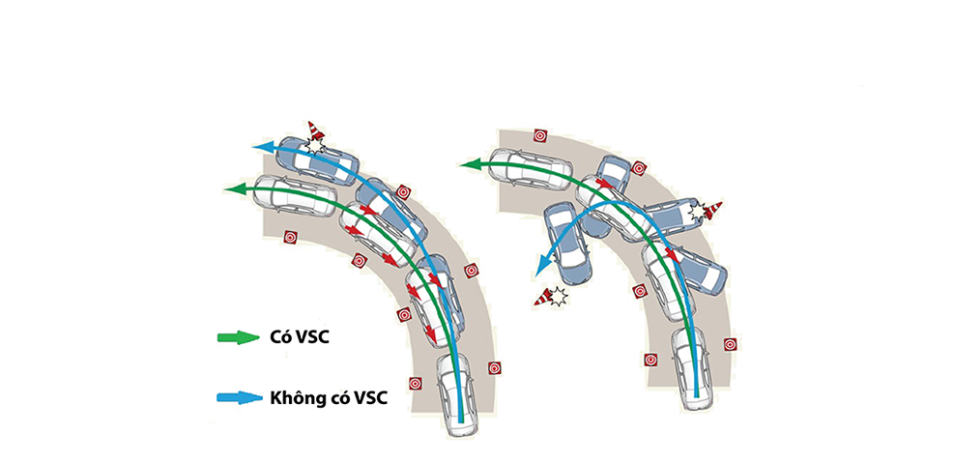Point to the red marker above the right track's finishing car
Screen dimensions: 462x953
tap(542, 135)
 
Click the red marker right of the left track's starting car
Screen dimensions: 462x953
tap(495, 367)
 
